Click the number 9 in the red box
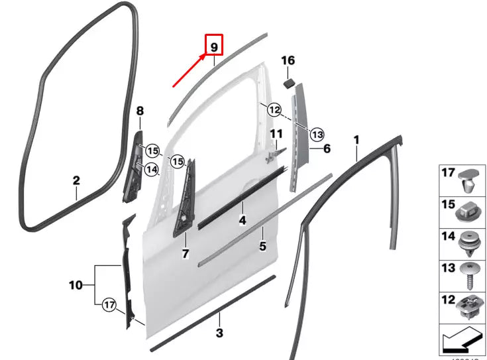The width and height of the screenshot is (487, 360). click(214, 47)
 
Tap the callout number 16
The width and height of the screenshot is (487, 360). click(288, 61)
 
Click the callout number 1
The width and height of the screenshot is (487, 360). click(356, 140)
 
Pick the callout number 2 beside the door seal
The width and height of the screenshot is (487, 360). click(76, 180)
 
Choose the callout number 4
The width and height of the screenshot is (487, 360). click(243, 219)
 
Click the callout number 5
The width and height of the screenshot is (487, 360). click(262, 246)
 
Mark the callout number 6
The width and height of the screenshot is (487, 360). click(327, 150)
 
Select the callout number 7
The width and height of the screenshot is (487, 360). click(186, 253)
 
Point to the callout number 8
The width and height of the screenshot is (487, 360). click(140, 111)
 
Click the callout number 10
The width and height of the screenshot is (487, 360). click(76, 285)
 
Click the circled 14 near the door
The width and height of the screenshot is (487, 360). click(152, 170)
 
